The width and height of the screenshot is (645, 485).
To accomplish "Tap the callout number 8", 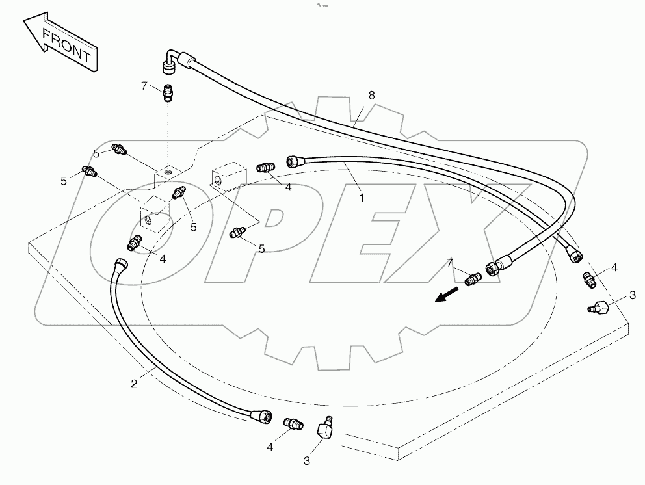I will [371, 95].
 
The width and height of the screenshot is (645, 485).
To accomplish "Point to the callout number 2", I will [134, 384].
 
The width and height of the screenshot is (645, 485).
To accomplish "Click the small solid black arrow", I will [445, 296].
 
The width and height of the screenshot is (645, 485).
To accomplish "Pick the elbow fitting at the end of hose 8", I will [170, 63].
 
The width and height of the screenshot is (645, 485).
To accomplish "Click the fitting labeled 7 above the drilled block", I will [168, 94].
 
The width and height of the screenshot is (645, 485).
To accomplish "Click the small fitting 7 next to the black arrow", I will [473, 278].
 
